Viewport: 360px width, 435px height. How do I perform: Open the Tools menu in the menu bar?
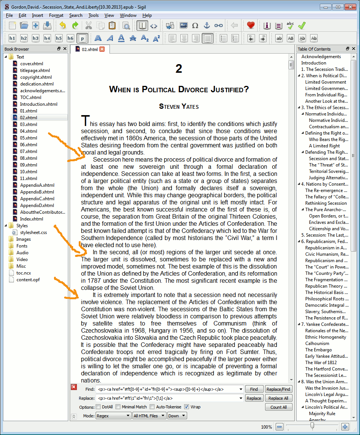click(93, 15)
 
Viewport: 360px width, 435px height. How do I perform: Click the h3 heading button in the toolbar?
click(36, 38)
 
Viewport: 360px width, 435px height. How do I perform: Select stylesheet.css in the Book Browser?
click(33, 232)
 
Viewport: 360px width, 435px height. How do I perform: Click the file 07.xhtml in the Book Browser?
click(28, 151)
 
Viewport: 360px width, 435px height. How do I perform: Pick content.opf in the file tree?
click(28, 280)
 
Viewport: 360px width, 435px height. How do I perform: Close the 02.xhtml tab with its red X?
click(102, 49)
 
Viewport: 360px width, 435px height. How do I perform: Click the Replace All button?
click(278, 398)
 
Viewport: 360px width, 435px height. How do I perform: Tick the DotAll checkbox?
click(98, 407)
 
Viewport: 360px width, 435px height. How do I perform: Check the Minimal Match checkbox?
click(118, 407)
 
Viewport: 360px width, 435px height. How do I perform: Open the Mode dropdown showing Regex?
click(113, 416)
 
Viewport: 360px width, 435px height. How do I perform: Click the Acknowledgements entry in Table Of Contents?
click(321, 57)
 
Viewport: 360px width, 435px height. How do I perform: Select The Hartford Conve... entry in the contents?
click(326, 369)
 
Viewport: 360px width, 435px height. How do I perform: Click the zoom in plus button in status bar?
click(345, 427)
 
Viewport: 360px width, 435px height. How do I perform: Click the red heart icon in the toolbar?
click(251, 26)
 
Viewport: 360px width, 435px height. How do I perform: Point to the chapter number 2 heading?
click(179, 69)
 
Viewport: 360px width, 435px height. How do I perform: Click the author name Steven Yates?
click(179, 106)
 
